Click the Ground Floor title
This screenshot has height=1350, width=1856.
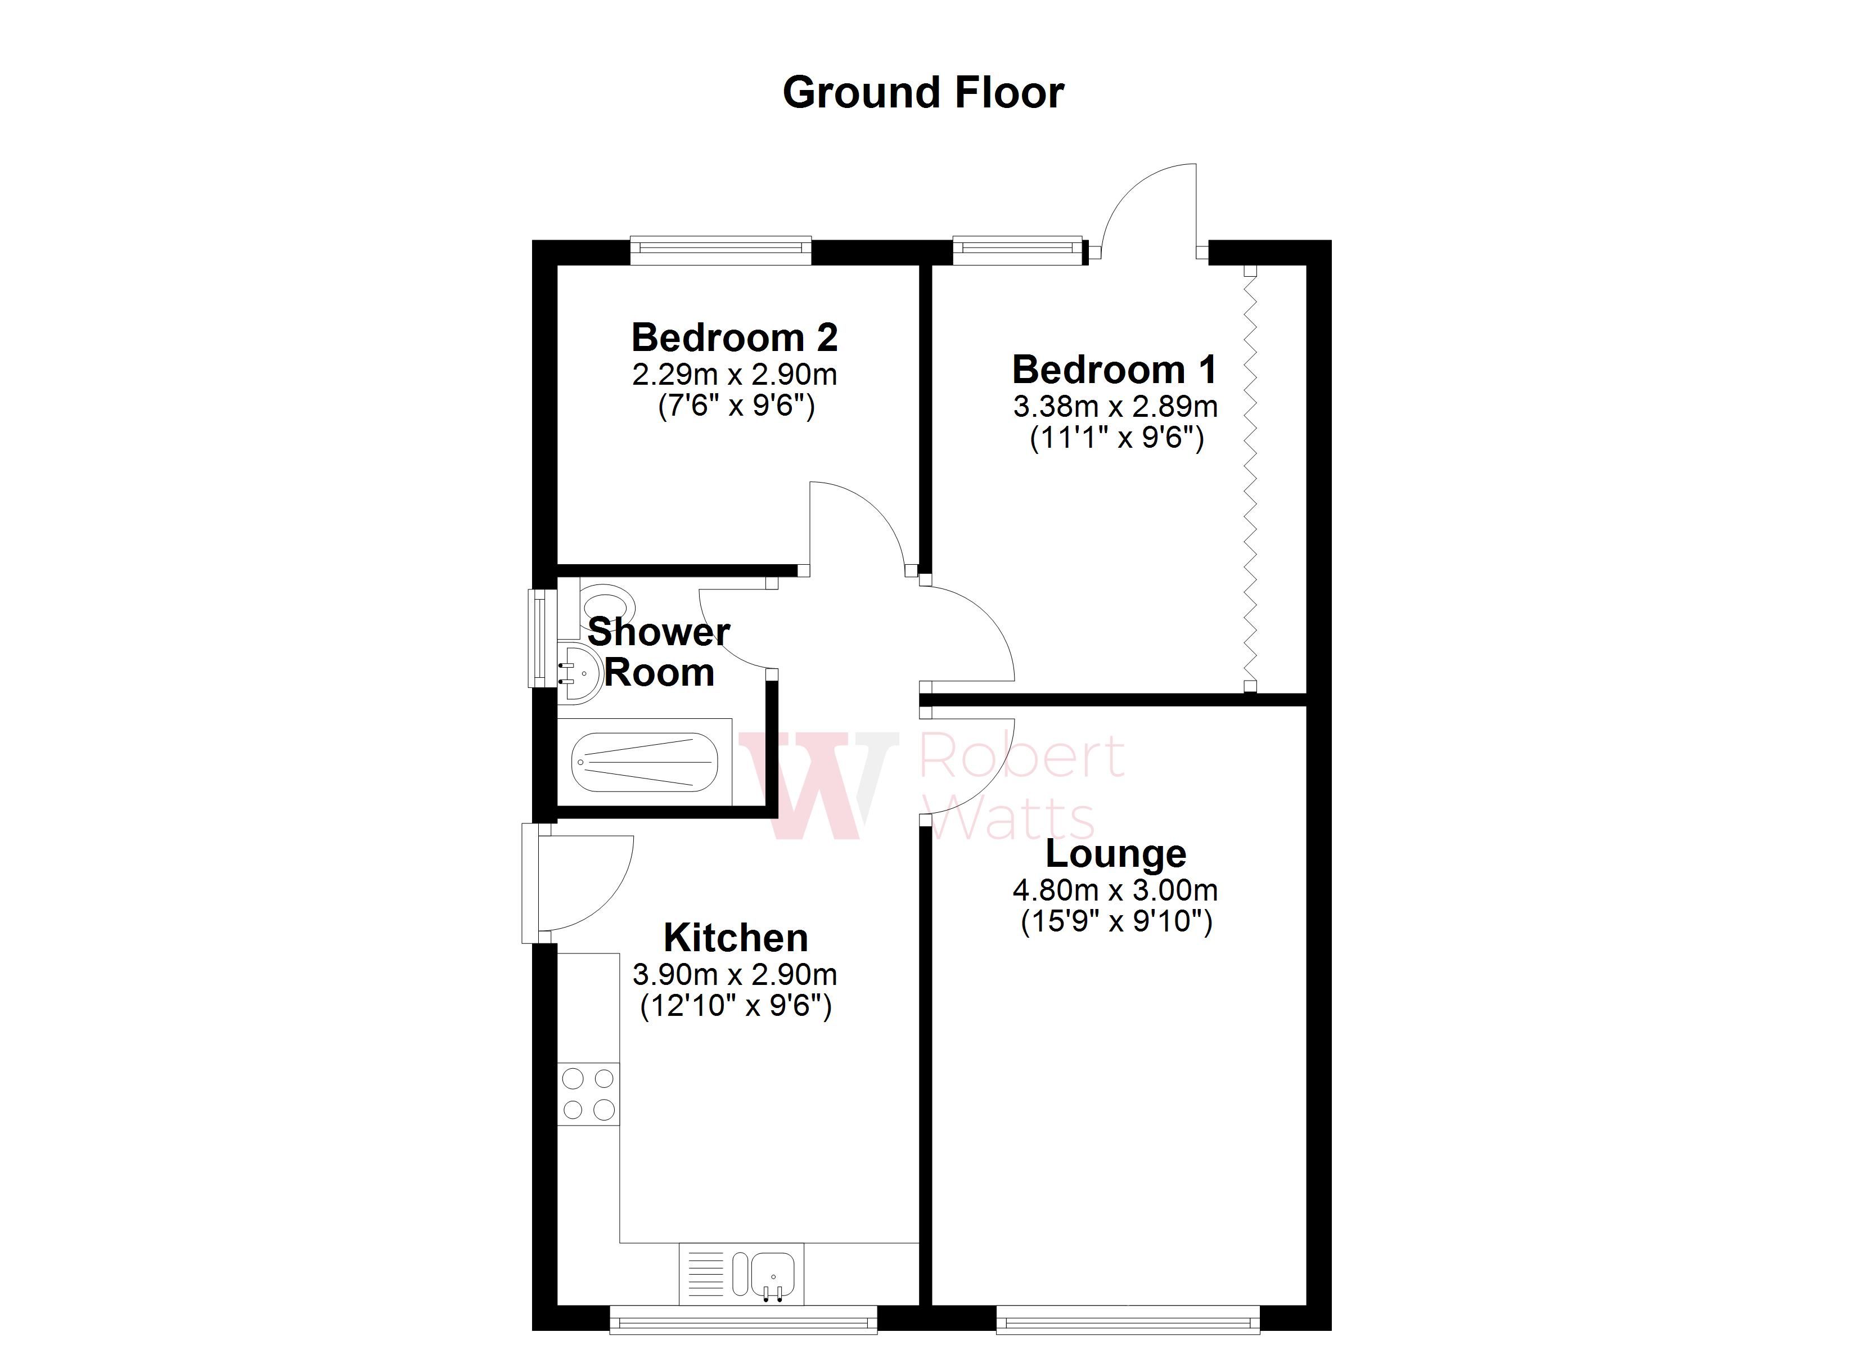point(923,92)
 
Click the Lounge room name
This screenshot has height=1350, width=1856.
point(1115,854)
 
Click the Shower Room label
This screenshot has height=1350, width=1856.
point(658,652)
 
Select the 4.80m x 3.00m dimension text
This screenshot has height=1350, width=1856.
point(1115,890)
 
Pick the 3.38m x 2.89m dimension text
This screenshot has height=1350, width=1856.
point(1115,406)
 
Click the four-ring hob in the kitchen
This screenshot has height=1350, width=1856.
point(588,1093)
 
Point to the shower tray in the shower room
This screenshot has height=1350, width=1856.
point(644,762)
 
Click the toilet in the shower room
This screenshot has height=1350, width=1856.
point(609,604)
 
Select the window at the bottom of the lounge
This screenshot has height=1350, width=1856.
point(1128,1320)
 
